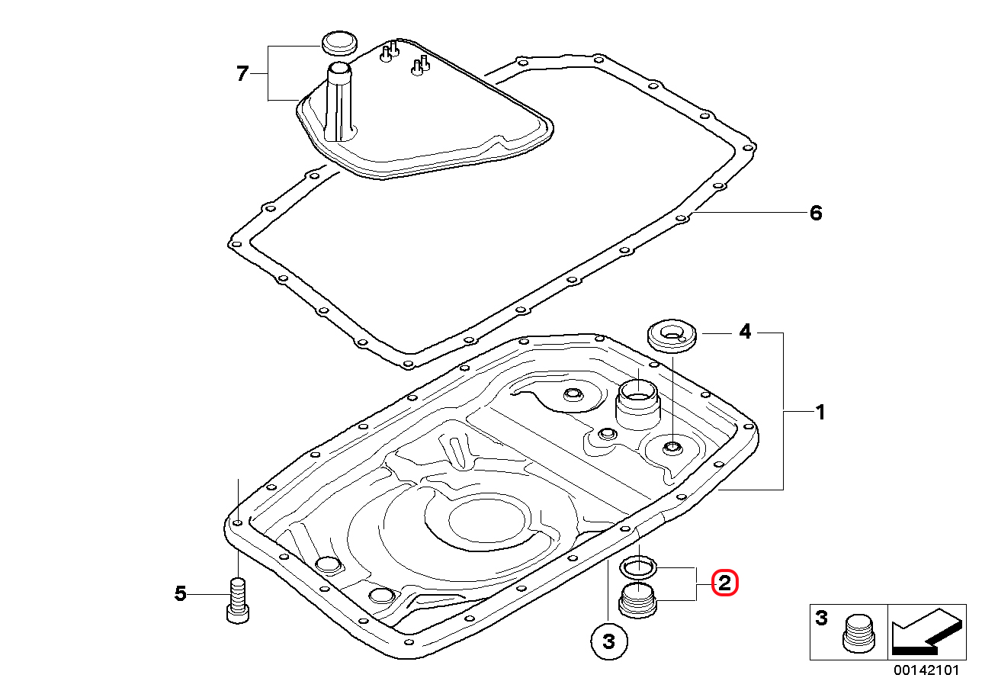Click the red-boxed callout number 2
tap(724, 583)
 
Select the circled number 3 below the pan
tap(609, 641)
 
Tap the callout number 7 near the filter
tap(242, 74)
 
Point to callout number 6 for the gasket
tap(816, 213)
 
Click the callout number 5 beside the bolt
tap(180, 593)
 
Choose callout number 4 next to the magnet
tap(745, 332)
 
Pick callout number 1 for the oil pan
tap(820, 412)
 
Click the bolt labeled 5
tap(238, 600)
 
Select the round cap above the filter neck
tap(339, 43)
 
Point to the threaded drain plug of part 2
tap(638, 601)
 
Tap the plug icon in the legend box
tap(858, 634)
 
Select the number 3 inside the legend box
tap(822, 618)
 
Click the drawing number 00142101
tap(926, 670)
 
